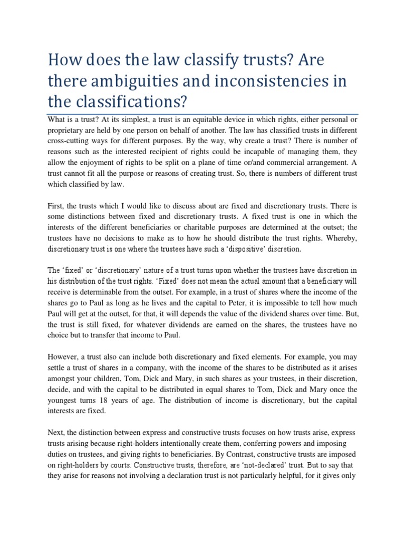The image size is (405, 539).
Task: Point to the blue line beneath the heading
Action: coord(202,114)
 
